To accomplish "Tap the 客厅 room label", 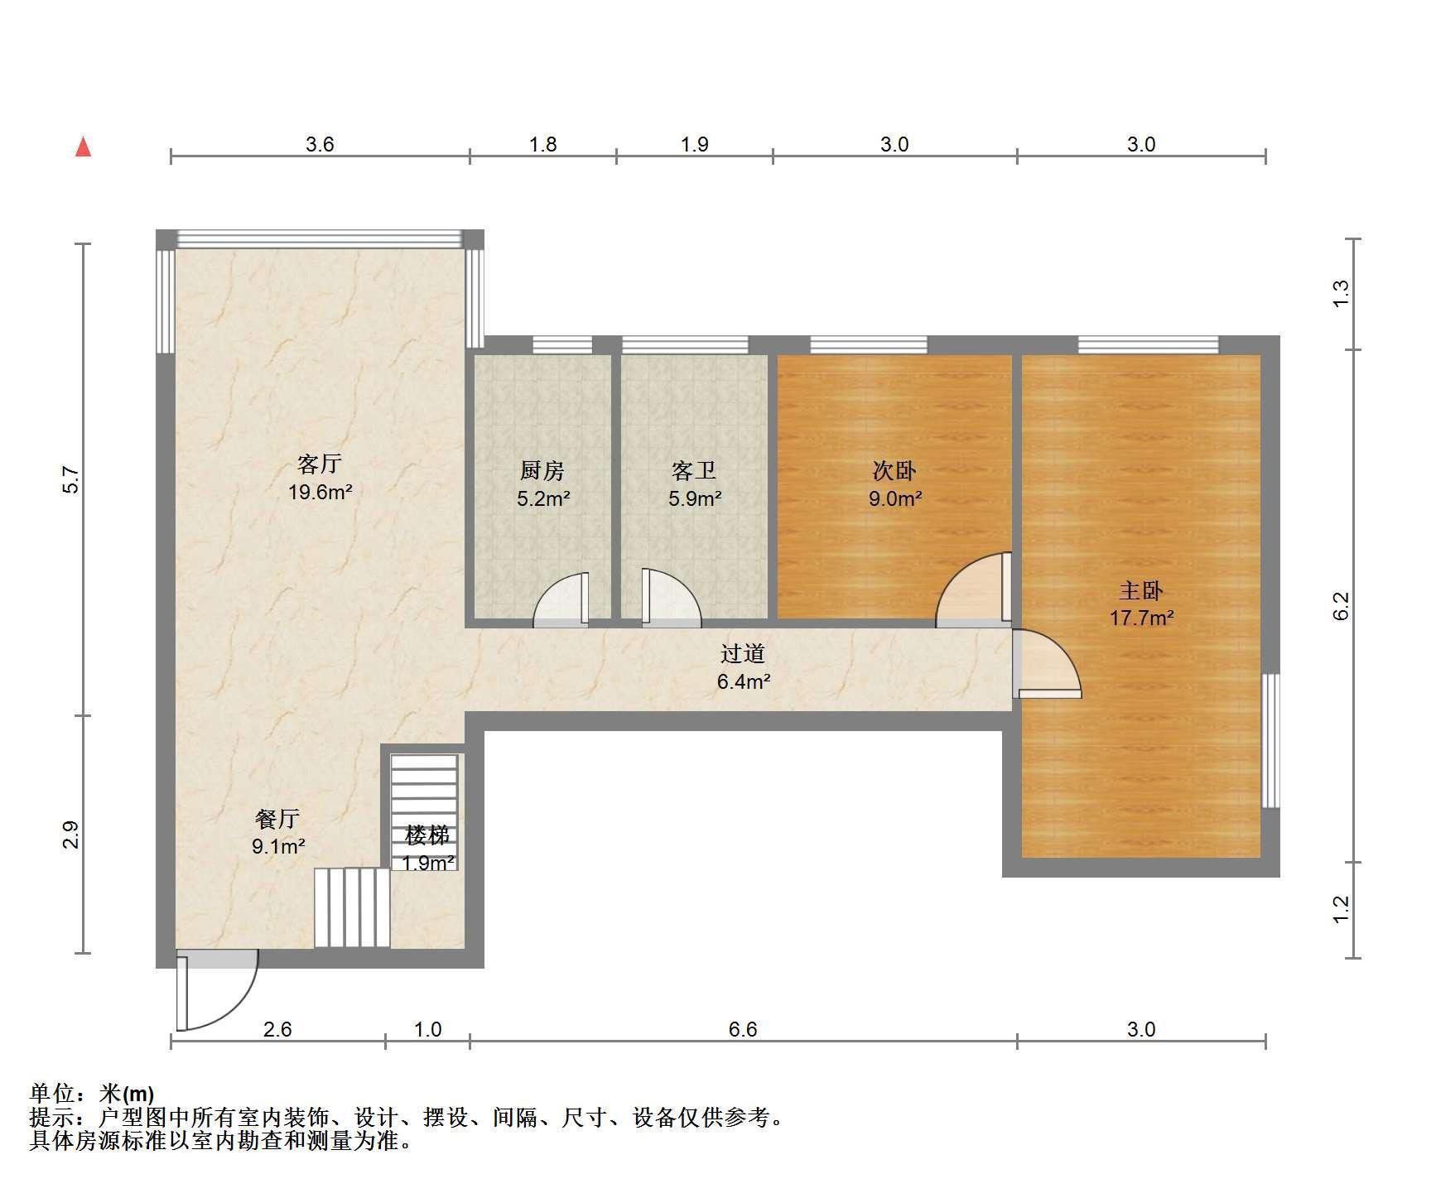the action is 320,464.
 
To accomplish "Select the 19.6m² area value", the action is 320,493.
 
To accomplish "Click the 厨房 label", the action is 542,471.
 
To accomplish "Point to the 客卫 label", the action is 694,471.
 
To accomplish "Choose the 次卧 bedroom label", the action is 894,471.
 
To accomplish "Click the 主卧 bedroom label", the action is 1141,590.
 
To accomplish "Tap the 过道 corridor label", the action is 742,654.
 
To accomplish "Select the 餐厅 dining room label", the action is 277,819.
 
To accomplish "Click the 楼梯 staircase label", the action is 427,835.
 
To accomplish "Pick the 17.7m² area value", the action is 1141,618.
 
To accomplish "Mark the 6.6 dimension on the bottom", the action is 743,1029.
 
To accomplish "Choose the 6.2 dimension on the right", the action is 1342,605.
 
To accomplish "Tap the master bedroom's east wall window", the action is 1271,740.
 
